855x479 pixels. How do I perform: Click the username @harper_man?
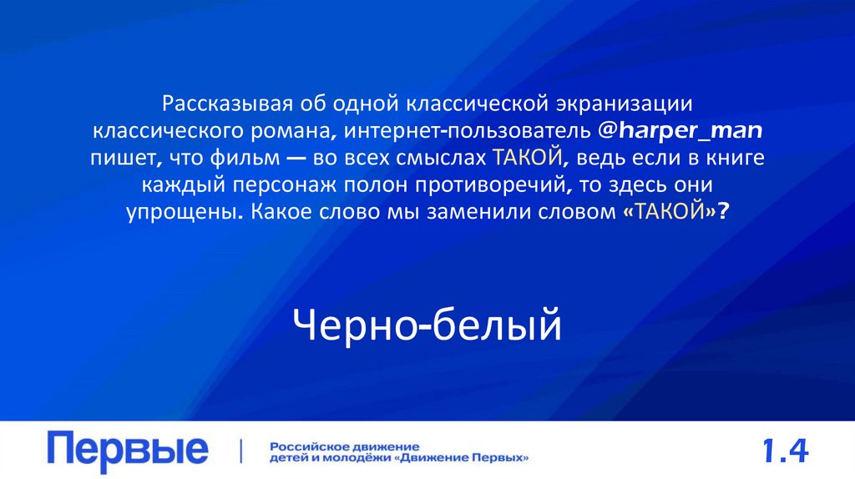tap(683, 132)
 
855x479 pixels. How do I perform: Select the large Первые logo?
tap(128, 451)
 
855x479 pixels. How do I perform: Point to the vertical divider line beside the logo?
tap(242, 451)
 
